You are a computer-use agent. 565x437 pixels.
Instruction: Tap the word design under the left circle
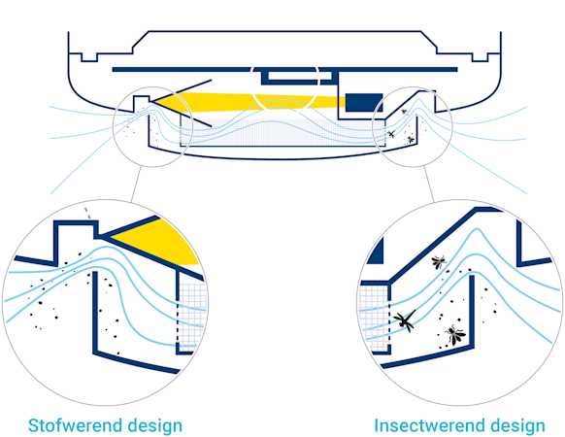click(155, 427)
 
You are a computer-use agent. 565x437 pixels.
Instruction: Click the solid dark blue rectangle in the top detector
click(364, 102)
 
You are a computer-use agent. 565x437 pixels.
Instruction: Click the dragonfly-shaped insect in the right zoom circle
click(405, 319)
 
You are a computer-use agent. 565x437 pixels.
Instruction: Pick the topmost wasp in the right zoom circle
click(439, 262)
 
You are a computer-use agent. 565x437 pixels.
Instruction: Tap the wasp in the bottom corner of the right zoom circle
click(454, 335)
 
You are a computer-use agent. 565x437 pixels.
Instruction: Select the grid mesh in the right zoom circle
click(374, 318)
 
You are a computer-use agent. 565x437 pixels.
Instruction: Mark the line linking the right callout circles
click(429, 184)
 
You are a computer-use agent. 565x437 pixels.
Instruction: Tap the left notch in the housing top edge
click(89, 57)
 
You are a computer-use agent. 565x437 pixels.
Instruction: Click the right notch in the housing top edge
click(481, 57)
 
